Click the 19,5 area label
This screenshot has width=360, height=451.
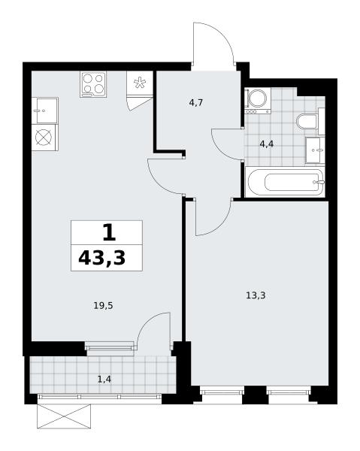tap(103, 306)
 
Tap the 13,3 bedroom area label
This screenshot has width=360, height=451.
tap(256, 295)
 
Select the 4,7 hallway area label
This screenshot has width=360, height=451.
tap(196, 103)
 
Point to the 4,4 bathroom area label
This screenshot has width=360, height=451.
tap(267, 144)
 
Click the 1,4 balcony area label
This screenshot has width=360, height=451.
tap(104, 380)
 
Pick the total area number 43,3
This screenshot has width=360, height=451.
tap(102, 258)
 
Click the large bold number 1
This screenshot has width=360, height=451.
tap(109, 233)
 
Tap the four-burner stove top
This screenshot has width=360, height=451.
tap(93, 84)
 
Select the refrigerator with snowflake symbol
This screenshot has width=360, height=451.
tap(140, 83)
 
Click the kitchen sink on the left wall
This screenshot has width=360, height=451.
tap(45, 110)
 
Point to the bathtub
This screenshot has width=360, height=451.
tap(285, 182)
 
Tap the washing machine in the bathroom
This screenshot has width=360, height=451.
tap(258, 101)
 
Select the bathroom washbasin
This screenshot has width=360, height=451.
tap(315, 150)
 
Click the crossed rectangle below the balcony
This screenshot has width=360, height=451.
tap(64, 416)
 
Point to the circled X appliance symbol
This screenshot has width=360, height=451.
tap(44, 138)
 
